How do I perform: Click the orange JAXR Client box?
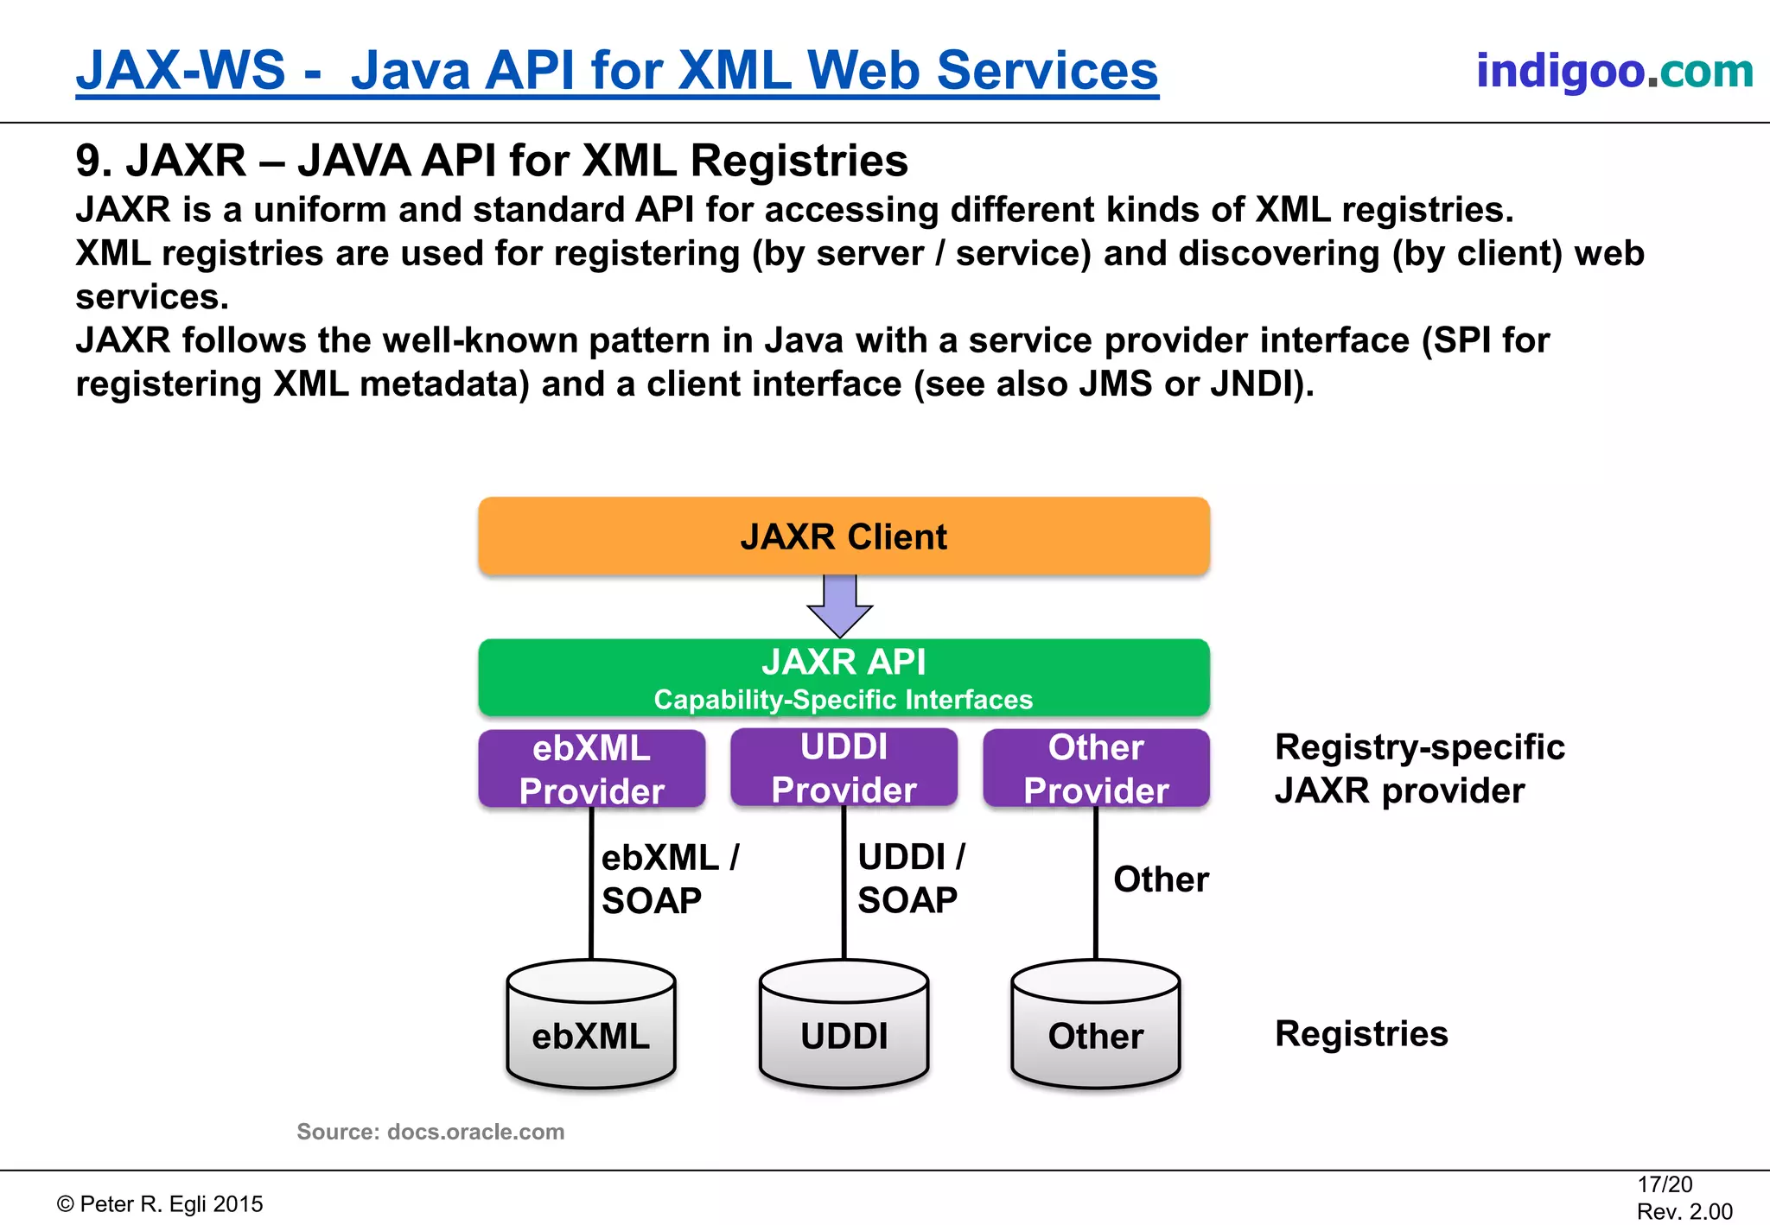[x=844, y=536]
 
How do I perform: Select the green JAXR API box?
[x=844, y=678]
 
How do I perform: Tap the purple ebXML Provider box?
[x=592, y=769]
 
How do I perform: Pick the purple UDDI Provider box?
[x=844, y=768]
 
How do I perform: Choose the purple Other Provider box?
[x=1096, y=769]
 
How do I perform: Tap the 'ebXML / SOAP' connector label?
[x=669, y=879]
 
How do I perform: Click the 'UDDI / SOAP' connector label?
[x=910, y=879]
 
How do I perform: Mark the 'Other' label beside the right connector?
[x=1160, y=879]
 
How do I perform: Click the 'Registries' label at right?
[x=1360, y=1034]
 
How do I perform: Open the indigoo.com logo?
[x=1614, y=71]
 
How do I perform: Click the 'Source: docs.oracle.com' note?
[x=430, y=1132]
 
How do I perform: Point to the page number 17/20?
[x=1664, y=1184]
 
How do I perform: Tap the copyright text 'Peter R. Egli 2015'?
[x=161, y=1204]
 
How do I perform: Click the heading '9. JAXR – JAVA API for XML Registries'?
[x=492, y=161]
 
